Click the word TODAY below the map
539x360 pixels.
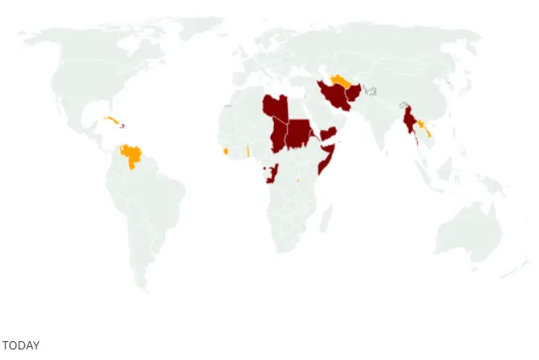[x=20, y=346]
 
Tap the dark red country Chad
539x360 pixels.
[x=279, y=135]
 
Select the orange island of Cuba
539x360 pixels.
[x=111, y=121]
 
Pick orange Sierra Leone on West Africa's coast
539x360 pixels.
[x=224, y=151]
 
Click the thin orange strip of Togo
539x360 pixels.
[x=248, y=151]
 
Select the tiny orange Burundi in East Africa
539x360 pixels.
[x=298, y=180]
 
